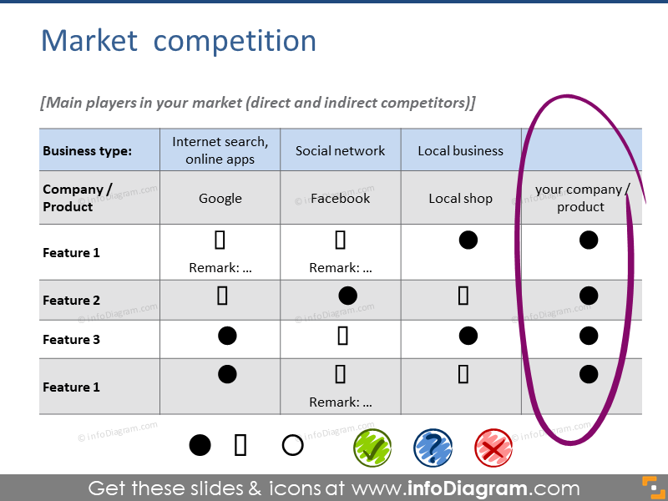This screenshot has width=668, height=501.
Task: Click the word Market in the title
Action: click(x=89, y=41)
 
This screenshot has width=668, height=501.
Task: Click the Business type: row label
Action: click(x=88, y=151)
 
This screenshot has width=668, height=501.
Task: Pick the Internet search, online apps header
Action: click(x=220, y=150)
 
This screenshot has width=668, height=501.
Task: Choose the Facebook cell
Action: click(x=341, y=198)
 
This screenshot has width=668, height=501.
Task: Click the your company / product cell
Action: click(x=581, y=198)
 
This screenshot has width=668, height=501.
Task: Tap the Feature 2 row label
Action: click(x=71, y=301)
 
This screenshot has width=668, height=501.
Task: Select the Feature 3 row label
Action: click(x=71, y=340)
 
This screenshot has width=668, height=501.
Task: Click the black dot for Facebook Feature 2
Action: click(x=347, y=296)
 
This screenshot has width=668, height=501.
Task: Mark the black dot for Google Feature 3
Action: click(x=227, y=336)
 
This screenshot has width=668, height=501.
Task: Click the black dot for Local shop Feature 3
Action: click(x=468, y=336)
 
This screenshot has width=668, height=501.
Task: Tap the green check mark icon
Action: click(x=372, y=448)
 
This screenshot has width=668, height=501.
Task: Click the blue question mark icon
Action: click(x=433, y=448)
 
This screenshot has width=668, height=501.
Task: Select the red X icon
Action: click(x=493, y=448)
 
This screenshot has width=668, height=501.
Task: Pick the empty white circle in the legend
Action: click(x=293, y=445)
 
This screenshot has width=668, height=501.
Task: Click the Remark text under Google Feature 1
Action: click(x=220, y=268)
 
